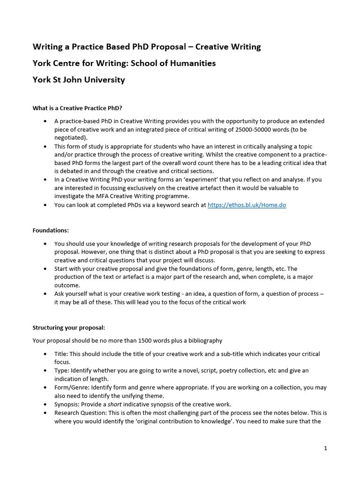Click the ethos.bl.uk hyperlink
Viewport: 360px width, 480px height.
247,205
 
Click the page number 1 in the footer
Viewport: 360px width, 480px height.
325,448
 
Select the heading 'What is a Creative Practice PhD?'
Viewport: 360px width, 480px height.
77,108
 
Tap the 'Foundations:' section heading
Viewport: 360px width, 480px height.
51,230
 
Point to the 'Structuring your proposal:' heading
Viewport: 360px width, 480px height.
69,327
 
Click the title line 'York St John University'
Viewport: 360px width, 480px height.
79,80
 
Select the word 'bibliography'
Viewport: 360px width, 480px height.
204,340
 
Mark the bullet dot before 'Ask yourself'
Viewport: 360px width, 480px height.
45,294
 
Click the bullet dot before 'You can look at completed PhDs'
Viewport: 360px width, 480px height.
45,205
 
